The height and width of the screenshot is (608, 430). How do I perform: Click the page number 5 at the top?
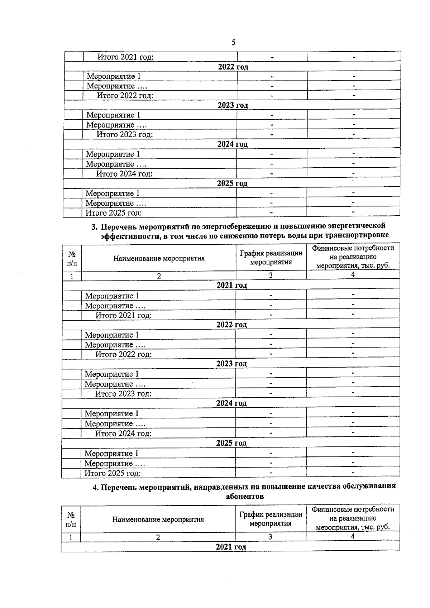[x=234, y=43]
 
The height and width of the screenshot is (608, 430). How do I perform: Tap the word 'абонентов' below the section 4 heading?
[x=245, y=497]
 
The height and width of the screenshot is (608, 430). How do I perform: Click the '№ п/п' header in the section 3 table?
[x=72, y=258]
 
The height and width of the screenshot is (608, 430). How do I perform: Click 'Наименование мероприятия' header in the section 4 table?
[x=158, y=520]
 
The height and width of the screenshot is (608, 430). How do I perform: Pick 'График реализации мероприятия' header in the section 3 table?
[x=271, y=258]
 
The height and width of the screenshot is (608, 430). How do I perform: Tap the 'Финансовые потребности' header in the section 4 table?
[x=353, y=509]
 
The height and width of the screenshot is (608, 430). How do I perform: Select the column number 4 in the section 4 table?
[x=353, y=536]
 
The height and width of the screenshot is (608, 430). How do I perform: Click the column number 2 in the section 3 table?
[x=159, y=276]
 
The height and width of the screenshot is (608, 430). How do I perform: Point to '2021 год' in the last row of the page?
[x=231, y=547]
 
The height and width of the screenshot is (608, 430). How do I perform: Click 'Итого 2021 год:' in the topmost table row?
[x=125, y=57]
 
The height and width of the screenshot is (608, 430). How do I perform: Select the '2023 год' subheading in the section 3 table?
[x=231, y=364]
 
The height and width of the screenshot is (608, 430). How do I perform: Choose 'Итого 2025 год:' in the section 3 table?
[x=113, y=473]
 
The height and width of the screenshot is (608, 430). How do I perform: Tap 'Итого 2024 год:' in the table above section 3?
[x=124, y=174]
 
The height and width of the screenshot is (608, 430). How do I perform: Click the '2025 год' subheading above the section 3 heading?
[x=232, y=183]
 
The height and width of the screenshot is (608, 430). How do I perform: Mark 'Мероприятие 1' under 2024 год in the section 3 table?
[x=111, y=414]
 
